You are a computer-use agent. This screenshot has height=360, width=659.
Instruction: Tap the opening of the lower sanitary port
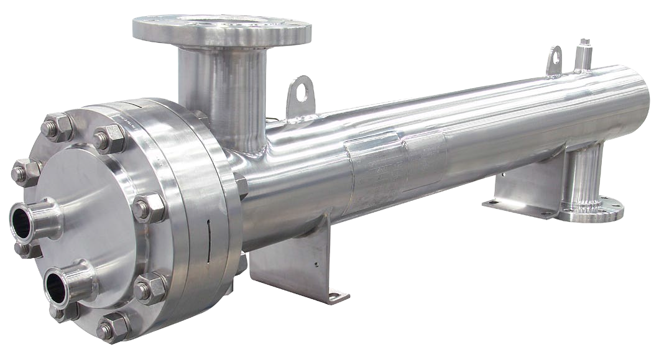click(57, 287)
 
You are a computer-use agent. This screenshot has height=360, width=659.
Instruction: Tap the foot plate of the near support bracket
click(336, 293)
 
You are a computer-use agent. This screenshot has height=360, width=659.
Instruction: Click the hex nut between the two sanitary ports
click(26, 249)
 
